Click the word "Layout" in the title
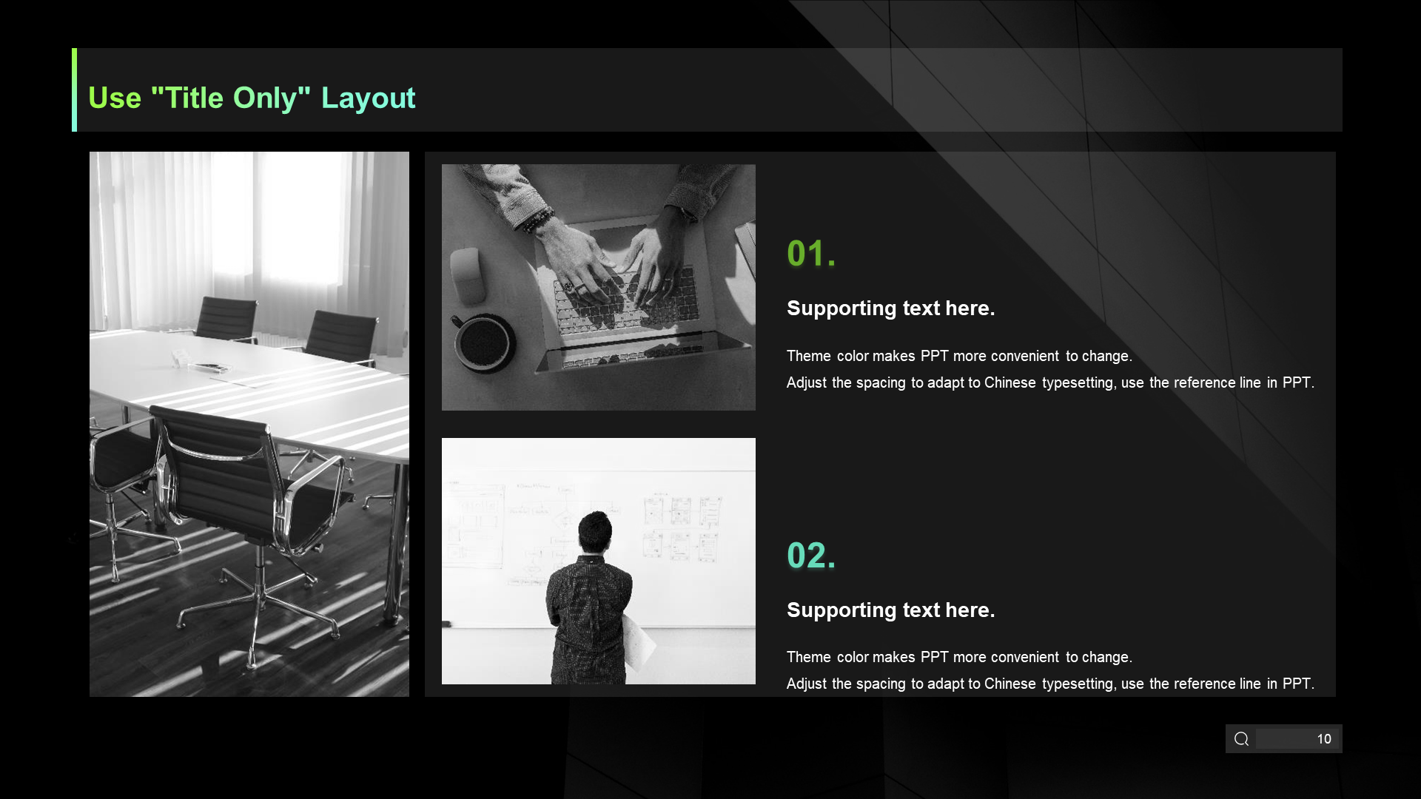click(x=368, y=98)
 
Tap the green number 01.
click(x=811, y=254)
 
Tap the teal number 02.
click(x=811, y=556)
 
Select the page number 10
click(x=1324, y=739)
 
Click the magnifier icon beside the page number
click(x=1242, y=739)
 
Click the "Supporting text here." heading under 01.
click(x=890, y=308)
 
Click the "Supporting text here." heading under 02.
click(x=890, y=610)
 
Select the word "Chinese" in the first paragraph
click(x=1010, y=382)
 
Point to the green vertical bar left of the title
click(x=74, y=90)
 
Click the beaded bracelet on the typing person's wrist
click(x=540, y=220)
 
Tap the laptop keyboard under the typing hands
click(x=625, y=303)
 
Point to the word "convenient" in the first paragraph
click(x=1024, y=356)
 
